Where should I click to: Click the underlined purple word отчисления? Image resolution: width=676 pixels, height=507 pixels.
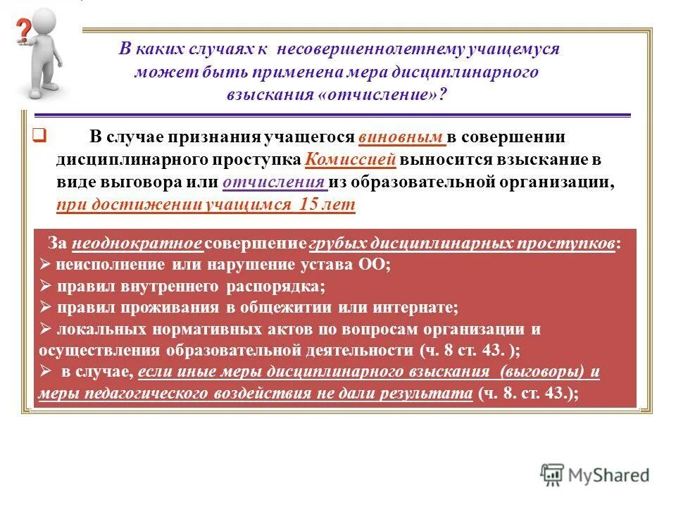[275, 182]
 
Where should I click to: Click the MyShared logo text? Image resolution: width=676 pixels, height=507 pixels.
[609, 475]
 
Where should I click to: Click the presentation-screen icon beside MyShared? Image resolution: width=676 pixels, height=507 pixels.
[552, 475]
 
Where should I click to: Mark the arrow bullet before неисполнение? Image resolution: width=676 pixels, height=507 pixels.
[45, 265]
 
